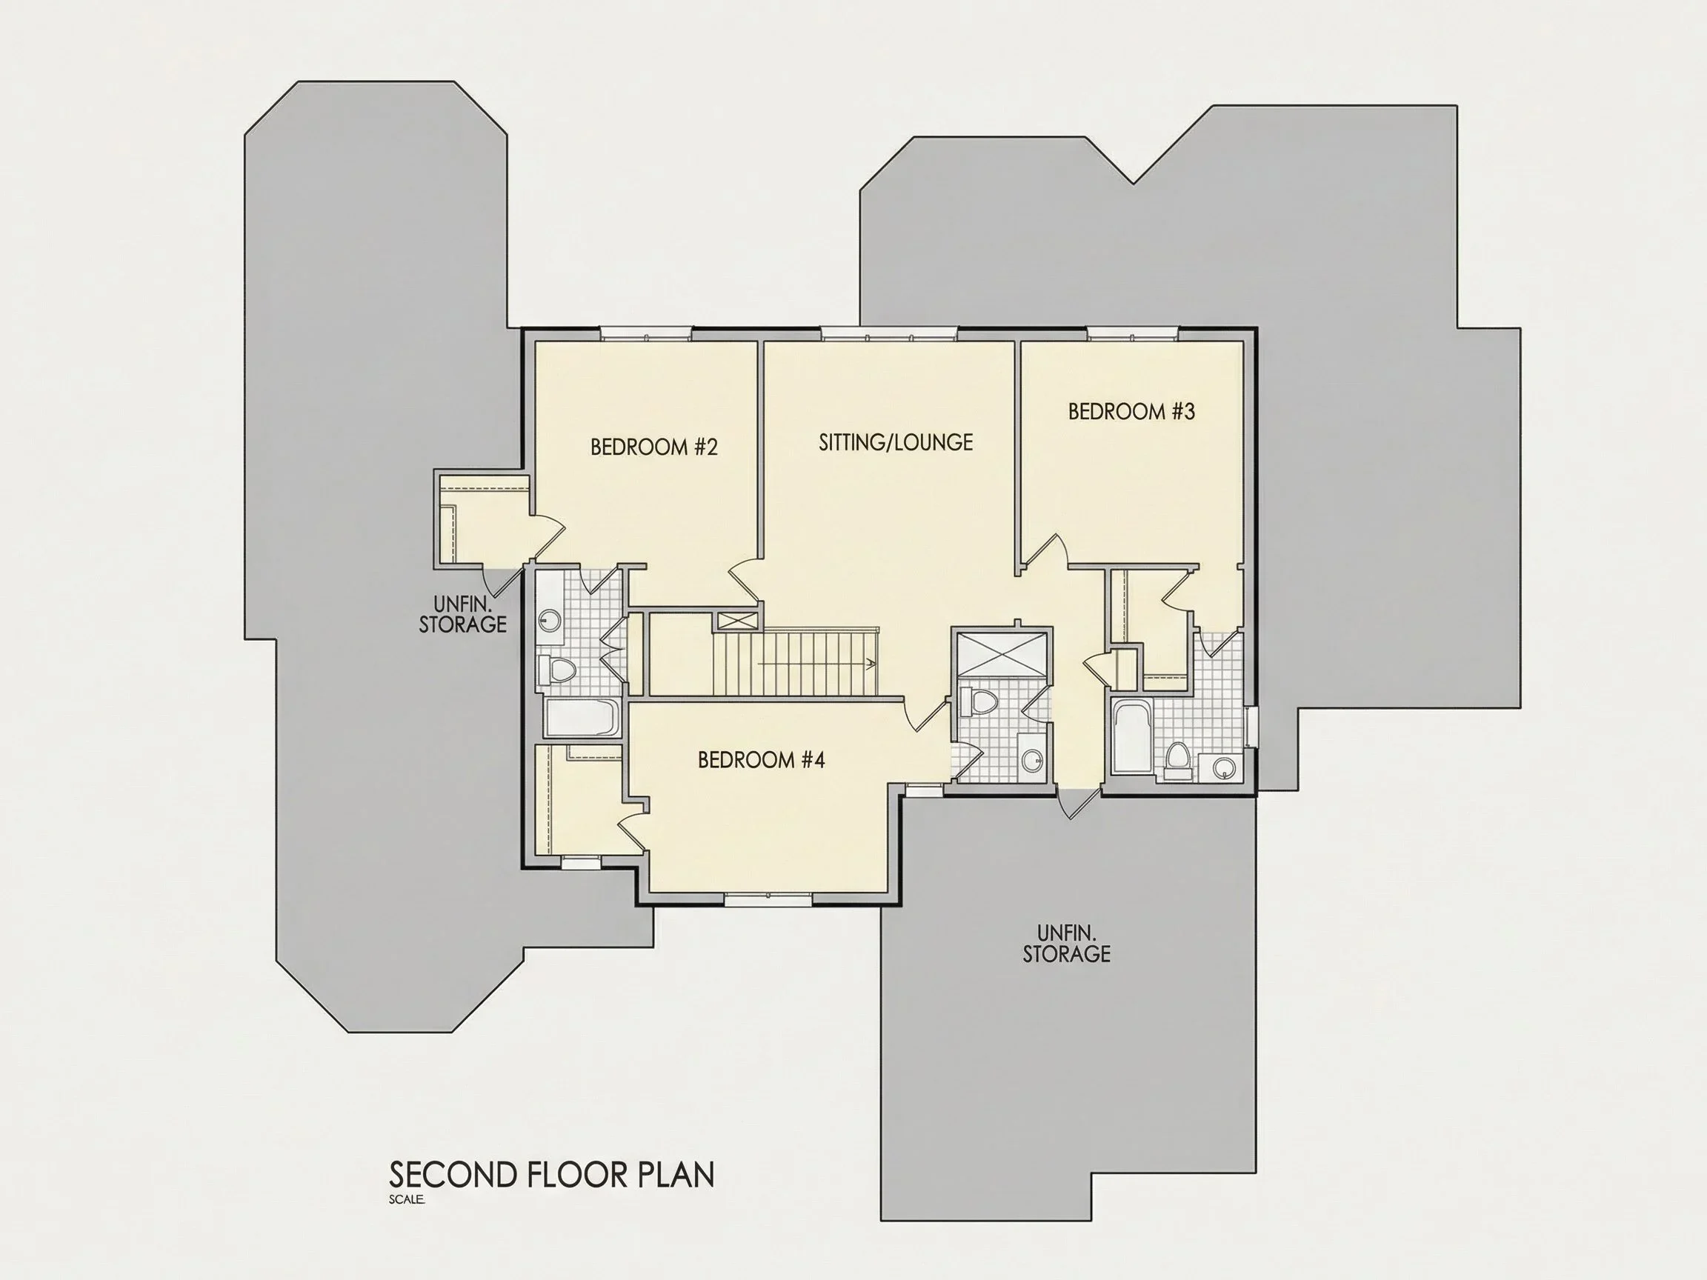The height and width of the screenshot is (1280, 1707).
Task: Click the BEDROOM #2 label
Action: [653, 447]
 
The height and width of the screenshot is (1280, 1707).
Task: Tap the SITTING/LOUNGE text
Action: [895, 443]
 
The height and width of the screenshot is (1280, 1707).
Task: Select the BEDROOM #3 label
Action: [1131, 412]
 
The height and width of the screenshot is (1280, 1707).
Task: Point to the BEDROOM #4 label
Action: [761, 761]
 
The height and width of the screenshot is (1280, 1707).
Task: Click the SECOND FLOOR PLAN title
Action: [552, 1175]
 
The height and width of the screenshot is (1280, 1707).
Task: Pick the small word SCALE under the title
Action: [407, 1200]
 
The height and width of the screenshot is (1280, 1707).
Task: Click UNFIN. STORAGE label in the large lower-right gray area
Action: [1066, 944]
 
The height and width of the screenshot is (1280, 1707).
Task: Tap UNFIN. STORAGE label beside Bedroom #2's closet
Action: [462, 614]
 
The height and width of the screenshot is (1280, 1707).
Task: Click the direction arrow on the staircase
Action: [818, 663]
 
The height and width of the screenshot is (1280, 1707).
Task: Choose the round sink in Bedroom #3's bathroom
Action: [1223, 767]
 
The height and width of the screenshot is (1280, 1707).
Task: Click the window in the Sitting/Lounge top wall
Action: [889, 333]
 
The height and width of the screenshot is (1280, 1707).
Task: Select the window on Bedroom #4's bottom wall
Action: [768, 899]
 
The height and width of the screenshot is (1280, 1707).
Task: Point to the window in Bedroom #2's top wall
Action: [646, 333]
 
